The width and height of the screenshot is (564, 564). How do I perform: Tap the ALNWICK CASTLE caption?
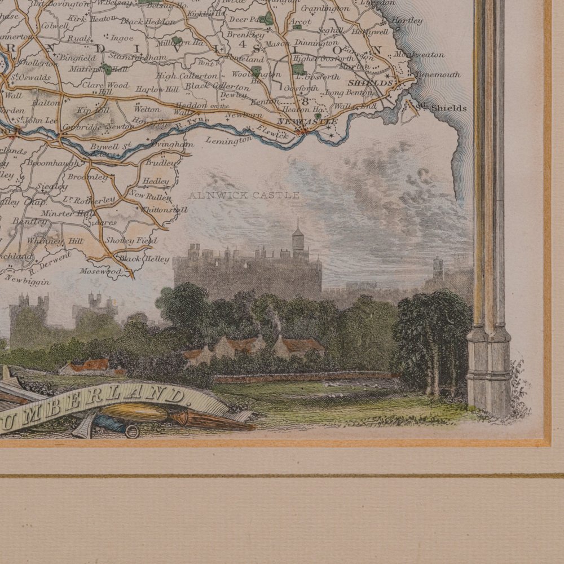click(x=244, y=196)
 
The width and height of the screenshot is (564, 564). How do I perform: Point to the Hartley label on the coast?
click(x=406, y=21)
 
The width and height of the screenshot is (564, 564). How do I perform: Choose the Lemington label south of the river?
click(x=228, y=139)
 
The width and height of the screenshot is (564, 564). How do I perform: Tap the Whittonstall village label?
click(x=165, y=209)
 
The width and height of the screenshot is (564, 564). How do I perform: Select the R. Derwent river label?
click(x=50, y=261)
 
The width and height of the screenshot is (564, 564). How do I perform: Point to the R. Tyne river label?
click(x=192, y=122)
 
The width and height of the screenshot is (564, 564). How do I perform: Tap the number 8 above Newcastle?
click(x=305, y=102)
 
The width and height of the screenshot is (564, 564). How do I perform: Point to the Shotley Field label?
click(x=138, y=241)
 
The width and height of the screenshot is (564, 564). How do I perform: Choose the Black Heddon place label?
click(x=140, y=21)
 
